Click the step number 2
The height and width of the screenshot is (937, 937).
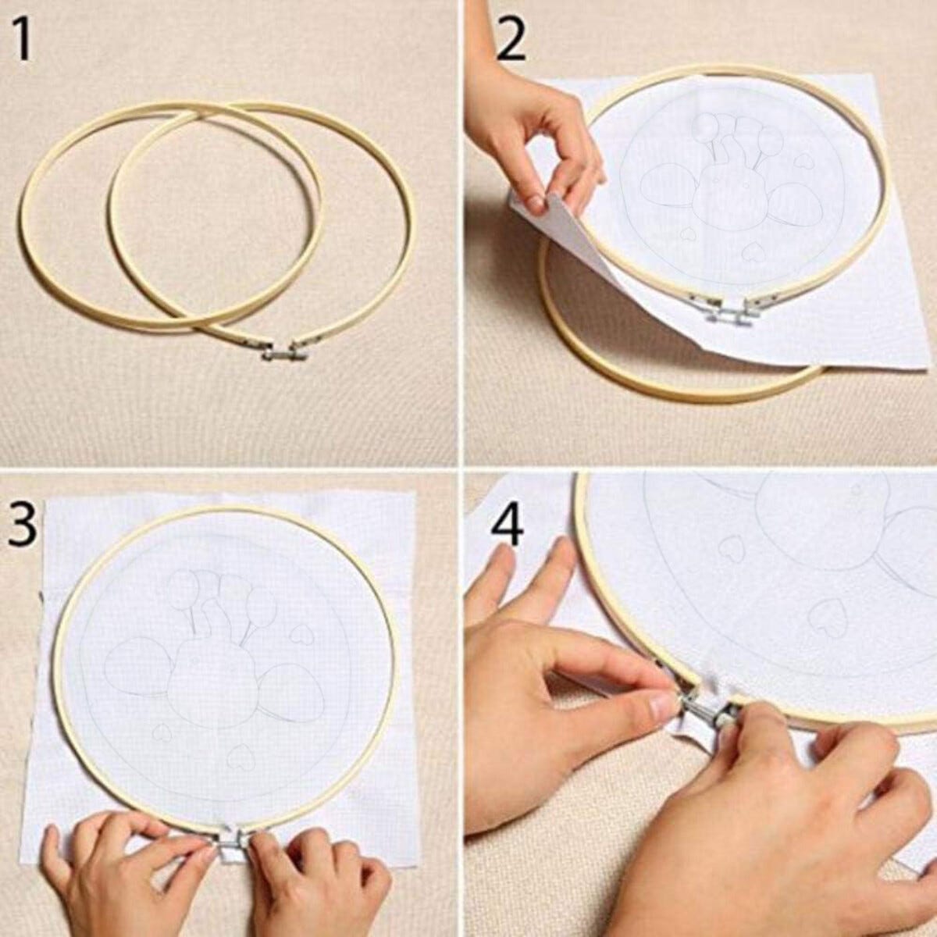(x=510, y=40)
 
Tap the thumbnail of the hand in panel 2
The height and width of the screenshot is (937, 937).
(x=536, y=202)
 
